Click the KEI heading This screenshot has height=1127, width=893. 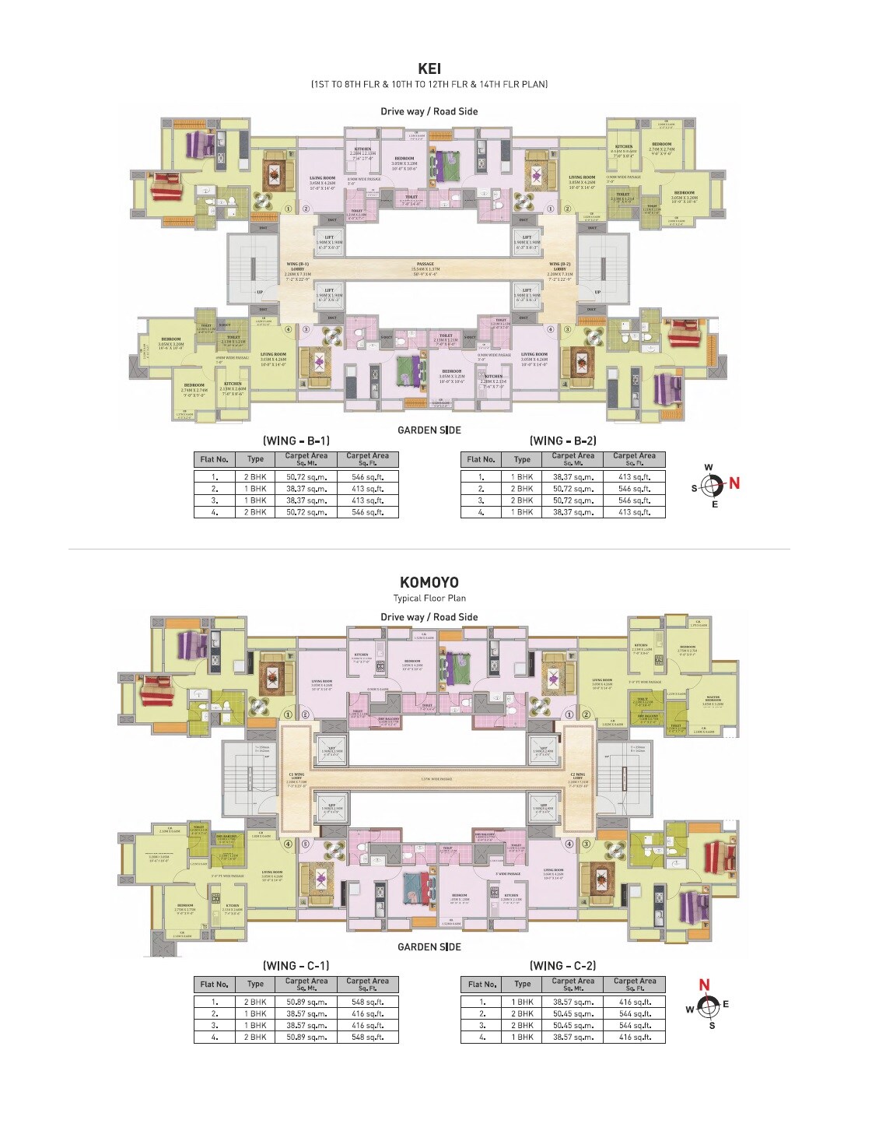[429, 69]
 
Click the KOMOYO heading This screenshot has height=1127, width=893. [429, 582]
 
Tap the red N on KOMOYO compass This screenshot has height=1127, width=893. [704, 985]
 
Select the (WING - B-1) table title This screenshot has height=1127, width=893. [296, 441]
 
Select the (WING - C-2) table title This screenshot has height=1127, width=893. [562, 966]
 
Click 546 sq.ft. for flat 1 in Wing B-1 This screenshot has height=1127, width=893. [368, 477]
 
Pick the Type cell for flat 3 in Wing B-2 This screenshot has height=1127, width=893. [522, 500]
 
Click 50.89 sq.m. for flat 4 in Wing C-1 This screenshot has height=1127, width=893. [306, 1037]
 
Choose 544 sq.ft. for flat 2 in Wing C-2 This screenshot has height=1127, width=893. [635, 1014]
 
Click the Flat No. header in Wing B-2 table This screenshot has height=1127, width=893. [482, 459]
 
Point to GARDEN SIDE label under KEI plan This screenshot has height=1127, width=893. [429, 430]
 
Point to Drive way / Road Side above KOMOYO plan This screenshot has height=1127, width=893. [429, 617]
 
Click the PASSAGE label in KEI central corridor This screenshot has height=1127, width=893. [425, 265]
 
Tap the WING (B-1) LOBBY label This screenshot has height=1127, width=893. [297, 269]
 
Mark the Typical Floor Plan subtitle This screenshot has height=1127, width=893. [429, 599]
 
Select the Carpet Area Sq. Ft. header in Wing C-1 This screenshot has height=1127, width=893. [367, 985]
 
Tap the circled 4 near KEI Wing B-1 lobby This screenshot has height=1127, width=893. [289, 329]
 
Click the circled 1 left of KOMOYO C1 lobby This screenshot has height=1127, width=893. [289, 714]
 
